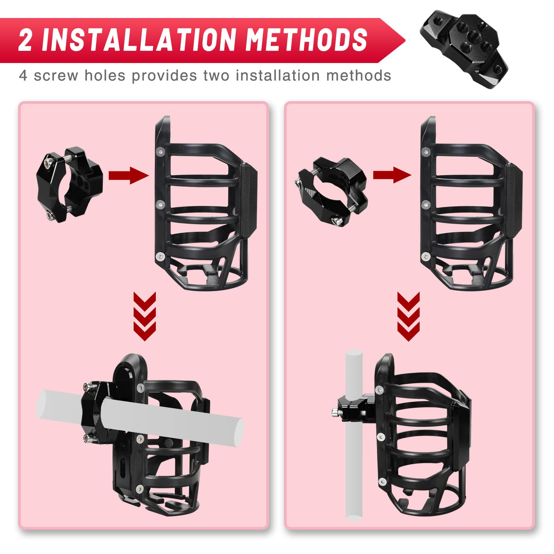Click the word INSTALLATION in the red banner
pyautogui.click(x=138, y=40)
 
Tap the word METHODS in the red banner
pyautogui.click(x=306, y=40)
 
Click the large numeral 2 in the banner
pyautogui.click(x=25, y=40)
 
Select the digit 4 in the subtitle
pyautogui.click(x=23, y=75)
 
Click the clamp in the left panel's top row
pyautogui.click(x=69, y=184)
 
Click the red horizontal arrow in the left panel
pyautogui.click(x=128, y=175)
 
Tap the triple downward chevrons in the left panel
pyautogui.click(x=144, y=316)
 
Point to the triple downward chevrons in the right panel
pyautogui.click(x=408, y=316)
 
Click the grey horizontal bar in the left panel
pyautogui.click(x=173, y=421)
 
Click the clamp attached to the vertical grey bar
pyautogui.click(x=355, y=409)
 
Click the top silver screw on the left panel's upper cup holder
pyautogui.click(x=160, y=151)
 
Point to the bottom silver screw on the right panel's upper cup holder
pyautogui.click(x=426, y=257)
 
